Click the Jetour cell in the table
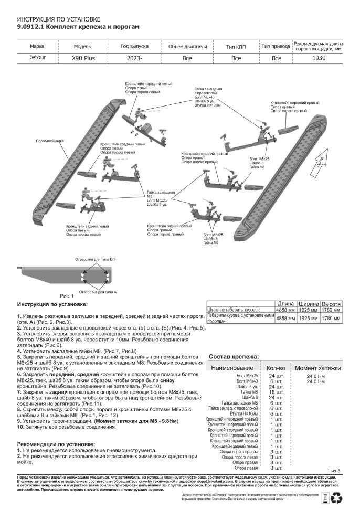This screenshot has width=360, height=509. [37, 58]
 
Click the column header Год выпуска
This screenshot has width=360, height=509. [134, 46]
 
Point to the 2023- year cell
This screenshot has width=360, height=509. [134, 58]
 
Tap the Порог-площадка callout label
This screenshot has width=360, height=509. [49, 141]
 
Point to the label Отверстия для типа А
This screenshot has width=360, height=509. [97, 290]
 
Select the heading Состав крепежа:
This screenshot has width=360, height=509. [234, 357]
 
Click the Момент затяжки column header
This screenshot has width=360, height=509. [318, 368]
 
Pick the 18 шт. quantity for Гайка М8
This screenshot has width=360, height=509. [276, 391]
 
